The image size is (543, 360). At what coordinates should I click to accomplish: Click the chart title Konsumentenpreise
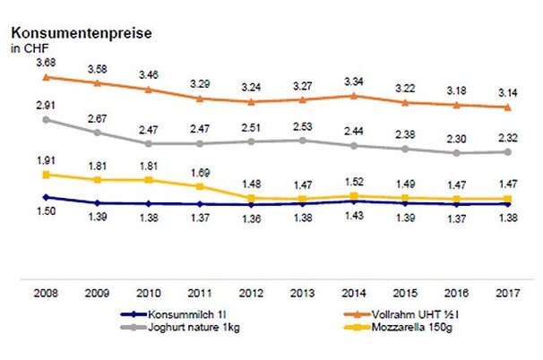click(81, 33)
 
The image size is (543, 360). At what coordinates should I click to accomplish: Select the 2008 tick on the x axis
click(45, 293)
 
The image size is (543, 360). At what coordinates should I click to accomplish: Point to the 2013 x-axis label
click(304, 293)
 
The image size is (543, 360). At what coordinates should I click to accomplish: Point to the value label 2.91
click(45, 105)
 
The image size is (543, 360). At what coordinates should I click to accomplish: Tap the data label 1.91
click(45, 160)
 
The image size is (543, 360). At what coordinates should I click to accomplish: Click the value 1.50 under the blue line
click(45, 211)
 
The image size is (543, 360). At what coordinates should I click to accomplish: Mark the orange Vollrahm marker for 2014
click(355, 95)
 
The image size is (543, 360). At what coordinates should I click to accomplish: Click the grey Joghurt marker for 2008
click(45, 119)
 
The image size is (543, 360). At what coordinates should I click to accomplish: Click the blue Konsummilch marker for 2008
click(45, 197)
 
